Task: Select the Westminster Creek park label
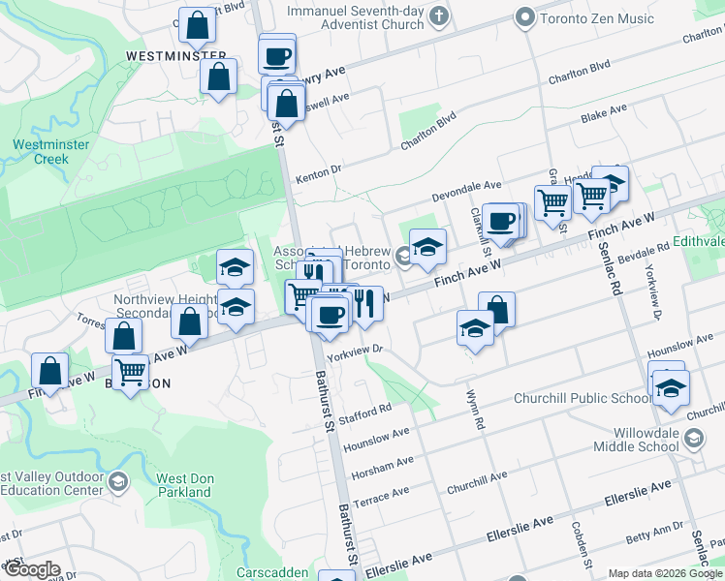pyautogui.click(x=41, y=152)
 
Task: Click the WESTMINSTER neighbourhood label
pyautogui.click(x=176, y=57)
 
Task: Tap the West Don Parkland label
pyautogui.click(x=184, y=485)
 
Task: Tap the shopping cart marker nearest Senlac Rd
pyautogui.click(x=590, y=195)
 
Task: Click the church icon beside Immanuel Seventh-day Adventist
pyautogui.click(x=439, y=15)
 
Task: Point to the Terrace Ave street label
pyautogui.click(x=381, y=496)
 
